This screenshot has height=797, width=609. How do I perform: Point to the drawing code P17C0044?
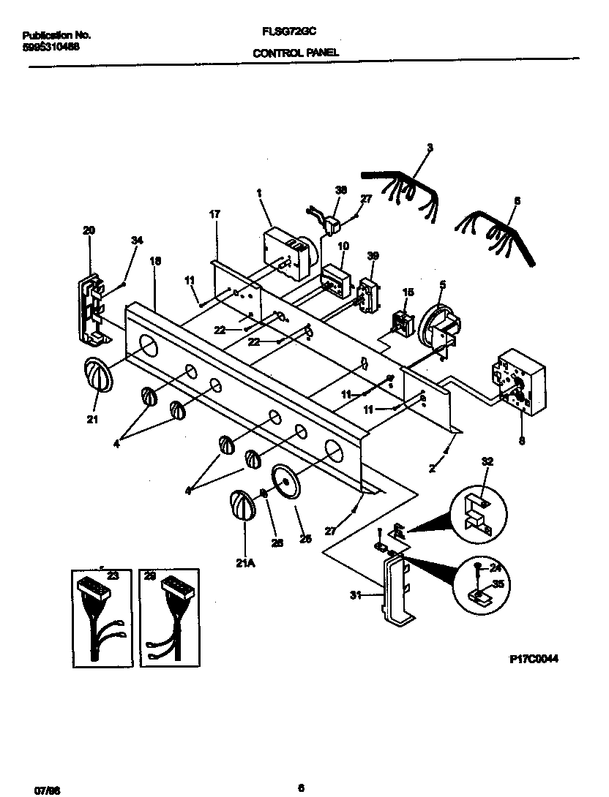click(534, 658)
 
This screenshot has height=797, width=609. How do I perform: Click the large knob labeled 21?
click(98, 377)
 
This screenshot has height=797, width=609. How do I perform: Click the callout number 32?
click(487, 461)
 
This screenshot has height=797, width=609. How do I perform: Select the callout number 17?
click(214, 214)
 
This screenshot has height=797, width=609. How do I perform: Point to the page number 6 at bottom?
click(301, 787)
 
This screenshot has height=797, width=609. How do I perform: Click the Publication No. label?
click(56, 34)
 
